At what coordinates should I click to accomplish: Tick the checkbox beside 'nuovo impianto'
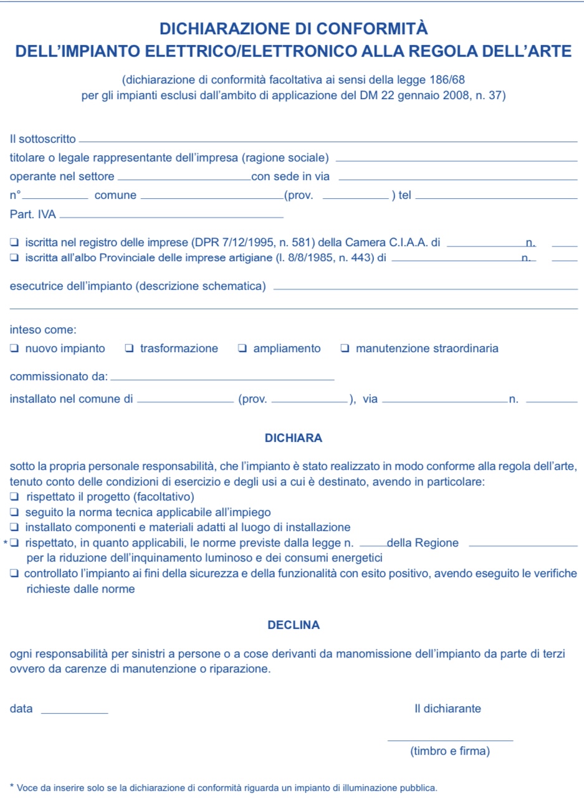click(14, 348)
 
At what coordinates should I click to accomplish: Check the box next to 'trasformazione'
click(129, 348)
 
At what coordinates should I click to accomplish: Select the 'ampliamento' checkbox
click(242, 348)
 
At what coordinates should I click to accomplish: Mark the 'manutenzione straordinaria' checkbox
click(345, 348)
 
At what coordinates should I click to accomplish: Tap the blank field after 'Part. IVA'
click(171, 216)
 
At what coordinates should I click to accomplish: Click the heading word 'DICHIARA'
click(294, 438)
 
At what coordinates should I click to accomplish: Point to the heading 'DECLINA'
click(294, 625)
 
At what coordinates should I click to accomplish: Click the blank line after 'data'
click(74, 711)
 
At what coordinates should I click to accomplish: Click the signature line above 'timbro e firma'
click(450, 739)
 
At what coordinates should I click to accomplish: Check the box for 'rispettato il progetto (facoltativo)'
click(14, 497)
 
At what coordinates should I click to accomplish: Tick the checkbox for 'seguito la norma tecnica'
click(14, 512)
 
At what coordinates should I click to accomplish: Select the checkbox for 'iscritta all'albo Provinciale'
click(14, 257)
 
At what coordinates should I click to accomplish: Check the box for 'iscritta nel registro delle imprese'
click(14, 242)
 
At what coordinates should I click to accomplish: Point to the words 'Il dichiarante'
click(448, 709)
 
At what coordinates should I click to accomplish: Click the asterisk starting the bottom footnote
click(12, 787)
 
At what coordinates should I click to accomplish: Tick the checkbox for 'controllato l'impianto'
click(14, 573)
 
